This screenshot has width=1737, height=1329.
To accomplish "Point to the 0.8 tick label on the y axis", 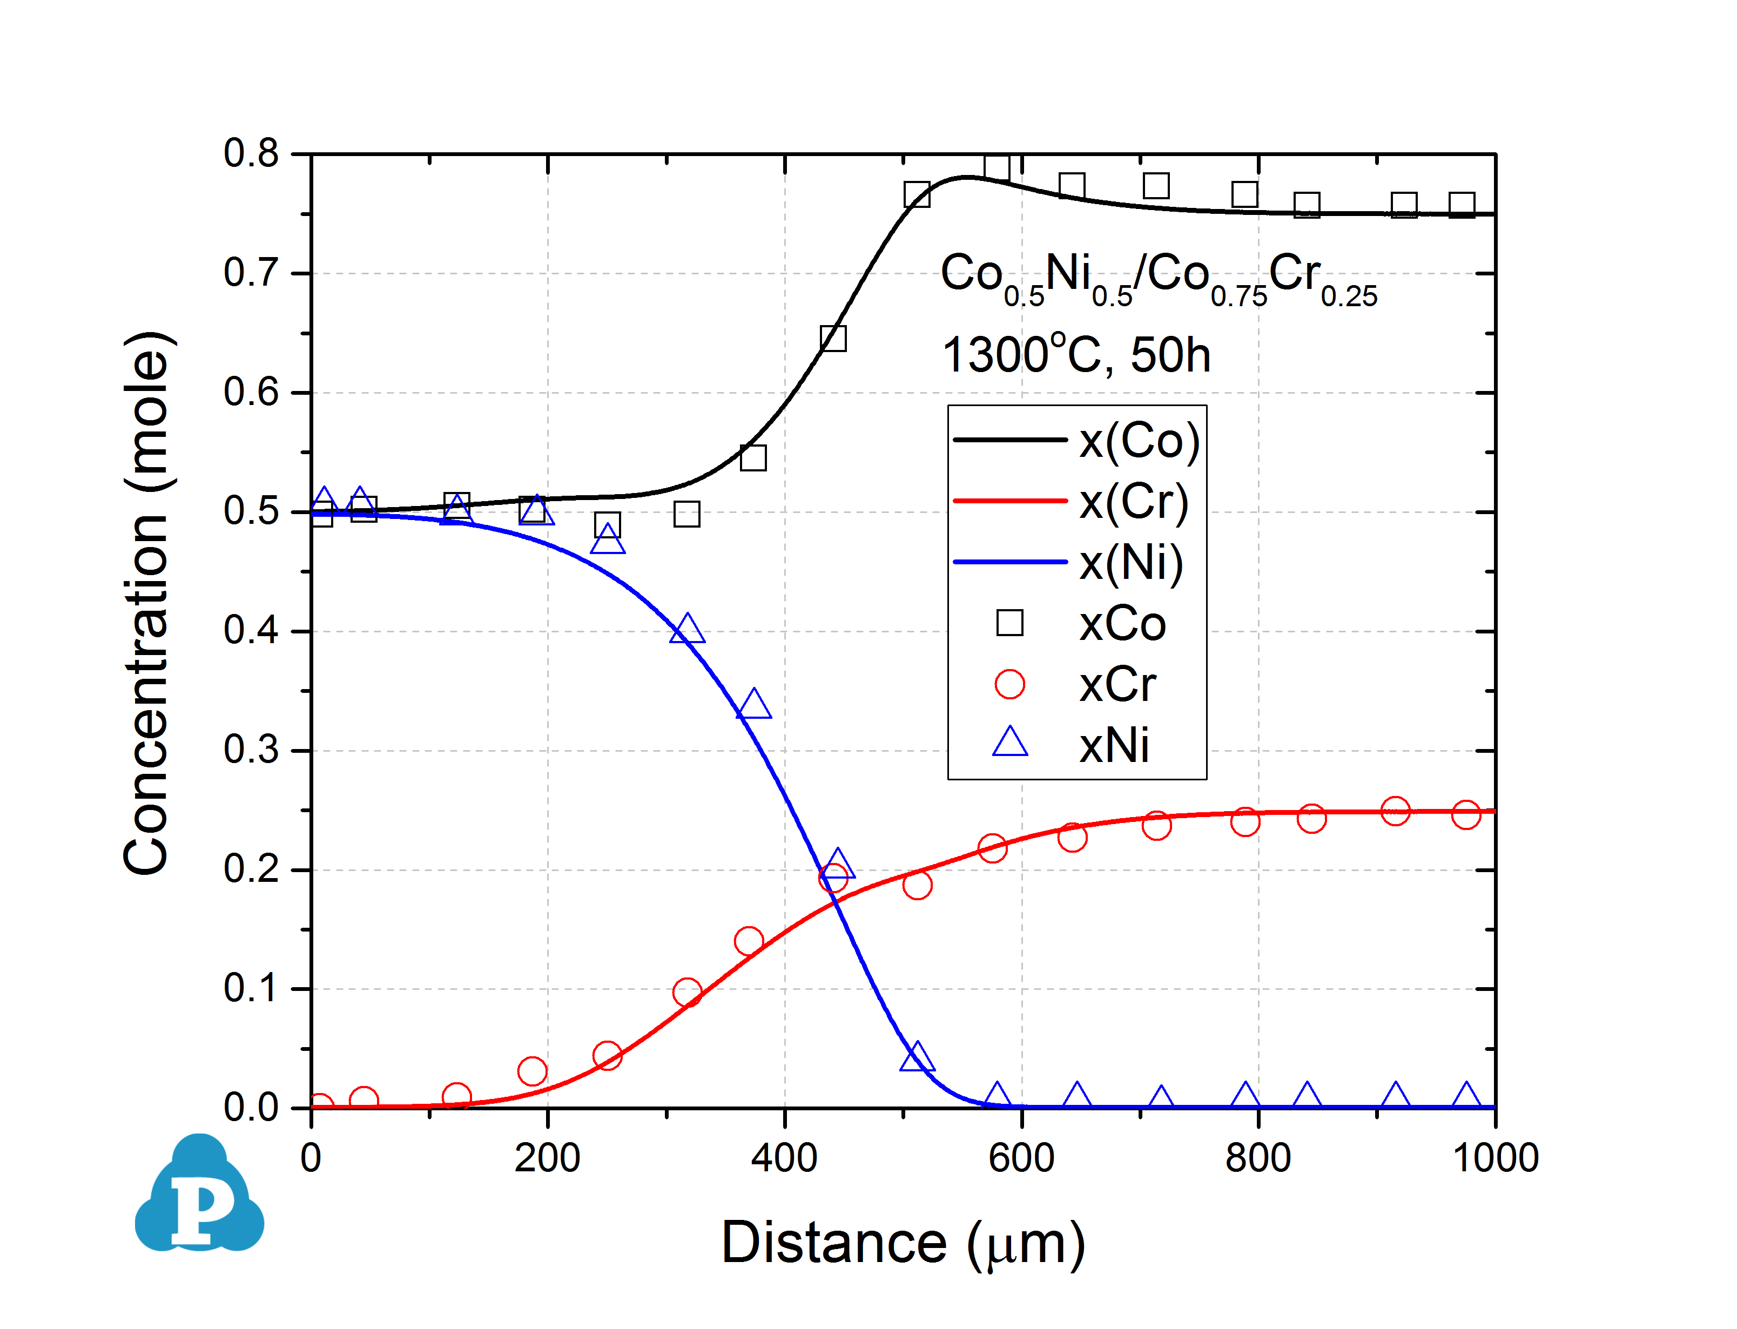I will [251, 153].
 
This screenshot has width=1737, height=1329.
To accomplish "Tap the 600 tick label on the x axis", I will [1021, 1158].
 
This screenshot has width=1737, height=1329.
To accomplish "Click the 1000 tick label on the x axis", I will [1495, 1158].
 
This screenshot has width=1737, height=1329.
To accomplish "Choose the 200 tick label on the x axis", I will [547, 1158].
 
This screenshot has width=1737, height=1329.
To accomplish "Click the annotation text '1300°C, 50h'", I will [1076, 354].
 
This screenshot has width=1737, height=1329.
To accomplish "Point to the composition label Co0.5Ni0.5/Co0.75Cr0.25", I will [1158, 277].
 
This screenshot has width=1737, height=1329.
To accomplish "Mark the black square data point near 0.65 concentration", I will [833, 339].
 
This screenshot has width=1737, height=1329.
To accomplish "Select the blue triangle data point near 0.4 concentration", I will [686, 630].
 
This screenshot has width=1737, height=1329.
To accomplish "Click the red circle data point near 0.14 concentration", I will [748, 941].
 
